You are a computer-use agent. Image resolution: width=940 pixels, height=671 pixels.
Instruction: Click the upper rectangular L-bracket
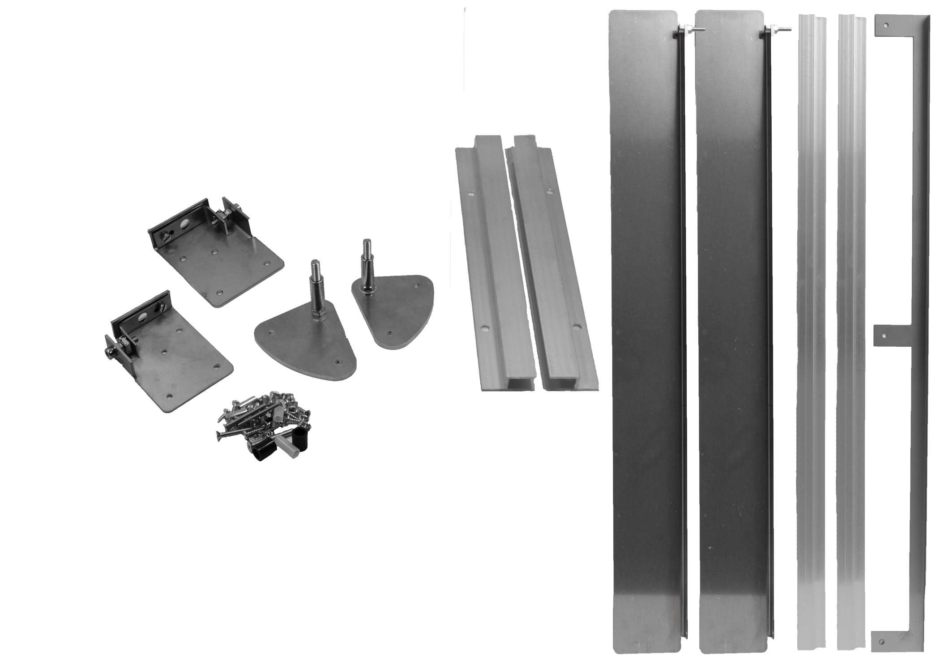coord(224,264)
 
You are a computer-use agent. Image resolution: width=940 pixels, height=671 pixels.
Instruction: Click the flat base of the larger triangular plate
coord(309,353)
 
